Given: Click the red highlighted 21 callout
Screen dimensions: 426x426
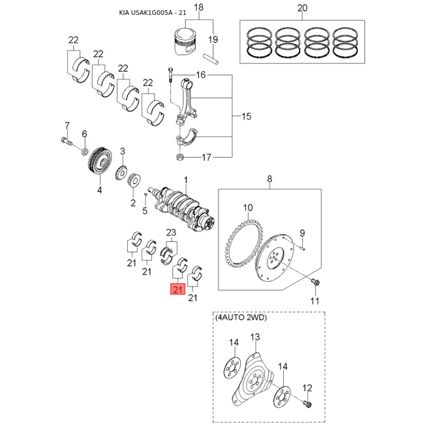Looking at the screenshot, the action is point(178,289).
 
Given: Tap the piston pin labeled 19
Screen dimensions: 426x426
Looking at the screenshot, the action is point(211,59).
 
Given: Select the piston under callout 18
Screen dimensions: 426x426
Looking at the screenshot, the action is point(185,42).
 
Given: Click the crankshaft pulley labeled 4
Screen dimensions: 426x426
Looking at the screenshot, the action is point(100,162).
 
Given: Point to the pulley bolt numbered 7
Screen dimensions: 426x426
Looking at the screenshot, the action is point(66,141).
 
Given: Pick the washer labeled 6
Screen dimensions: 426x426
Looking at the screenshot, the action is point(85,151).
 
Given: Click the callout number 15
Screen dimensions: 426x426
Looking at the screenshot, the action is point(246,116).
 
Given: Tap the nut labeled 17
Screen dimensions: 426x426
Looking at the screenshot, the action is point(179,157).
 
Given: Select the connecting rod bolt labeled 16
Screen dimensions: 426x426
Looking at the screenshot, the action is point(170,75).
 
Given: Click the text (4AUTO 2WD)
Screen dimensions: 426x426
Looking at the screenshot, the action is point(241,317).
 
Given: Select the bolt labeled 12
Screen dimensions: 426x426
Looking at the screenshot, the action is point(308,404).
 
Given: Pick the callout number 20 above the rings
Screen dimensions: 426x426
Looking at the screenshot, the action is point(302,7).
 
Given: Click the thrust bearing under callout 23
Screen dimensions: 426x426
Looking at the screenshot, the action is point(167,255).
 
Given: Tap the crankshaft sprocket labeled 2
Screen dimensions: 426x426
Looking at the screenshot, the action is point(134,179).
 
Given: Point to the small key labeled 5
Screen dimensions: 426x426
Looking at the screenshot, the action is point(145,194).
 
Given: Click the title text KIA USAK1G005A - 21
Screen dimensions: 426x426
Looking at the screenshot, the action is point(153,12).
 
